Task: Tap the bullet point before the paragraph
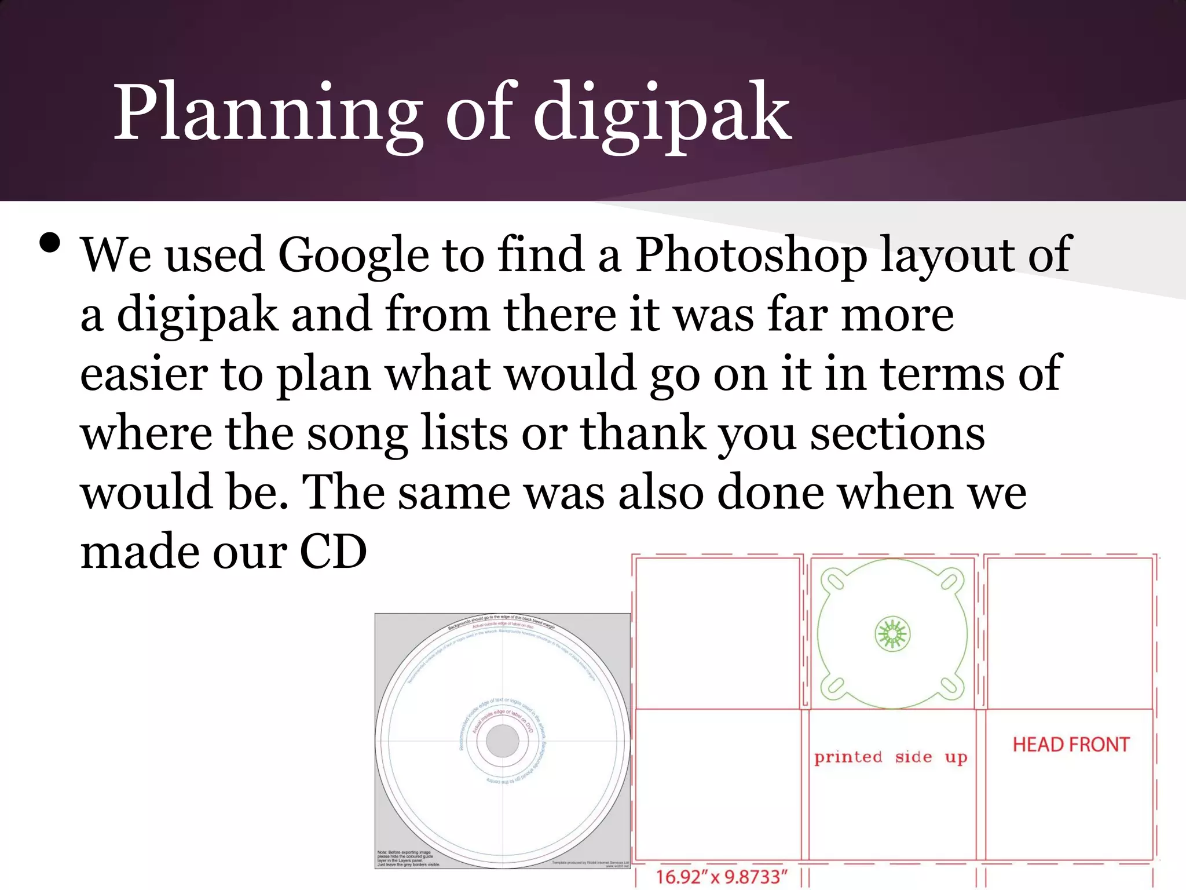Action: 50,243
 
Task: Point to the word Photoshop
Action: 751,256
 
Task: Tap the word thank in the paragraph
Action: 643,433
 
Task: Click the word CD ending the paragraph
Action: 333,552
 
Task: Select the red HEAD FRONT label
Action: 1071,745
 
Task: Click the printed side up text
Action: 891,757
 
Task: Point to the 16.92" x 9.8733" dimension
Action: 721,877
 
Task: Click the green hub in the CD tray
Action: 892,634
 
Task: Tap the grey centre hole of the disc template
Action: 502,741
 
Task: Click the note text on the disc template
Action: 408,859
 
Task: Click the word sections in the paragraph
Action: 897,433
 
